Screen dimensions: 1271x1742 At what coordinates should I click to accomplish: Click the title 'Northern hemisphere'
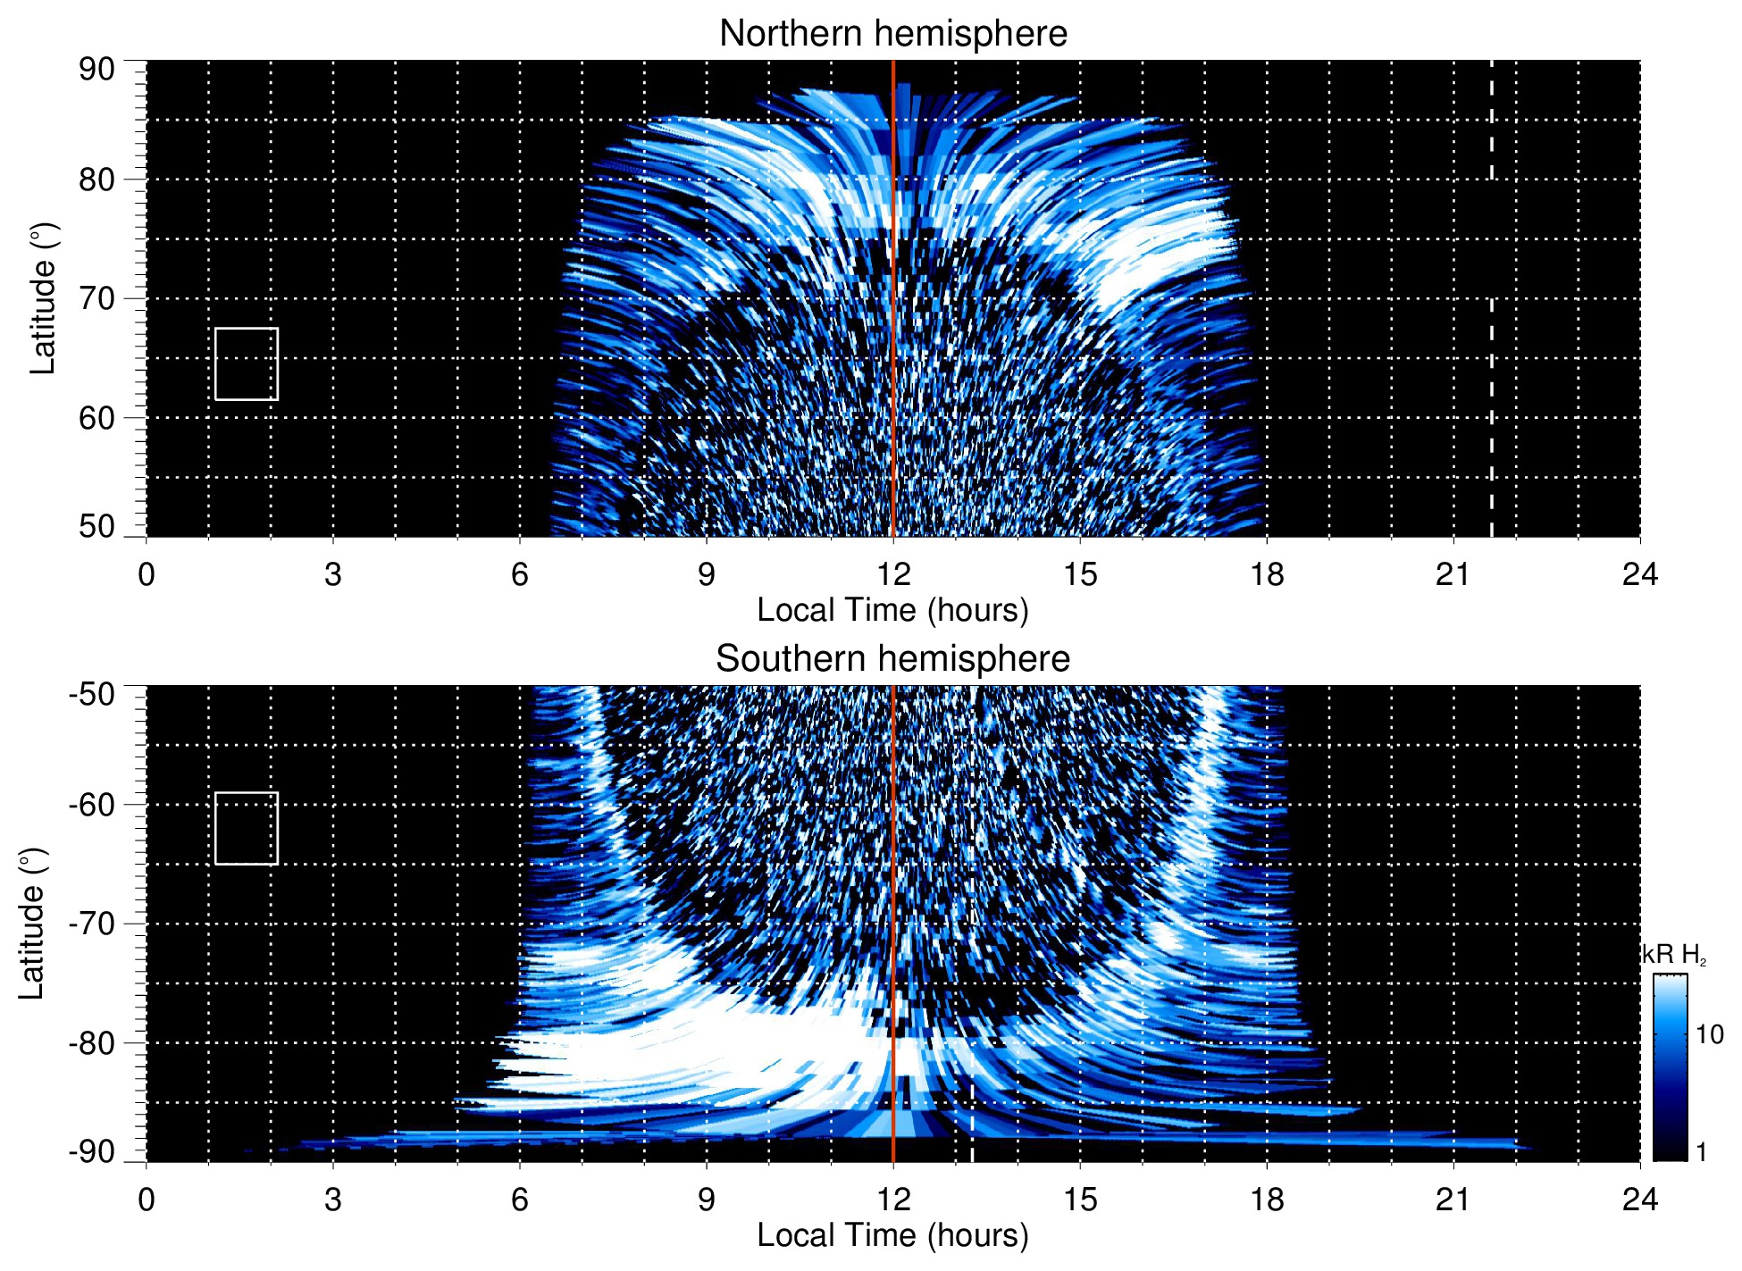click(892, 34)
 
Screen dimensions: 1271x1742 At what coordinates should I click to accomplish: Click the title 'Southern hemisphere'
click(892, 659)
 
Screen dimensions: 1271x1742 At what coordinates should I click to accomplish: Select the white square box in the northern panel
click(247, 364)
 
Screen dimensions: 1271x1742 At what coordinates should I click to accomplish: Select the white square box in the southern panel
click(247, 828)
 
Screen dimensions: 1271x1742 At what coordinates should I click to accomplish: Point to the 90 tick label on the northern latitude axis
click(96, 70)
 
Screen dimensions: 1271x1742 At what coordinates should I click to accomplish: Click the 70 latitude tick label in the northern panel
click(96, 298)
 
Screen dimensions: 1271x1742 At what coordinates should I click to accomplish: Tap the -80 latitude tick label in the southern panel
click(92, 1042)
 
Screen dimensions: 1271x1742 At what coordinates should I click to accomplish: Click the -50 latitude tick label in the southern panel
click(92, 694)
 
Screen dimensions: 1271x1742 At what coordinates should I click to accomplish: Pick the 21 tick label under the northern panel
click(1453, 574)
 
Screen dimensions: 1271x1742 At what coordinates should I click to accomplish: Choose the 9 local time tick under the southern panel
click(707, 1200)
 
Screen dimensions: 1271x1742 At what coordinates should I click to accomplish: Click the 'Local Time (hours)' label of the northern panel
click(892, 610)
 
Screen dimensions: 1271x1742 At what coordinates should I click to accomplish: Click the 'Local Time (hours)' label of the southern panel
click(892, 1235)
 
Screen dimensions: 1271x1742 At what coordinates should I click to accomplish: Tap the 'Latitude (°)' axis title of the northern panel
click(43, 298)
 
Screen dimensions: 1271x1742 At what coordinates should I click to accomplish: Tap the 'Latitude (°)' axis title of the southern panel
click(32, 924)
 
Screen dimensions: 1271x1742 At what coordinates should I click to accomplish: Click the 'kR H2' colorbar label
click(1674, 955)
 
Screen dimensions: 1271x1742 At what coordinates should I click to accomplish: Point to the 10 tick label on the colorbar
click(1709, 1034)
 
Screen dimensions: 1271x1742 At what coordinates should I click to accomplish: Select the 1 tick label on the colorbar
click(1701, 1152)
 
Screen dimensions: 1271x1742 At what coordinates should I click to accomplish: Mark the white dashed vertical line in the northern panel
click(1491, 357)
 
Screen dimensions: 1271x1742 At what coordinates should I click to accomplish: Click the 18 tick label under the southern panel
click(1266, 1200)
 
